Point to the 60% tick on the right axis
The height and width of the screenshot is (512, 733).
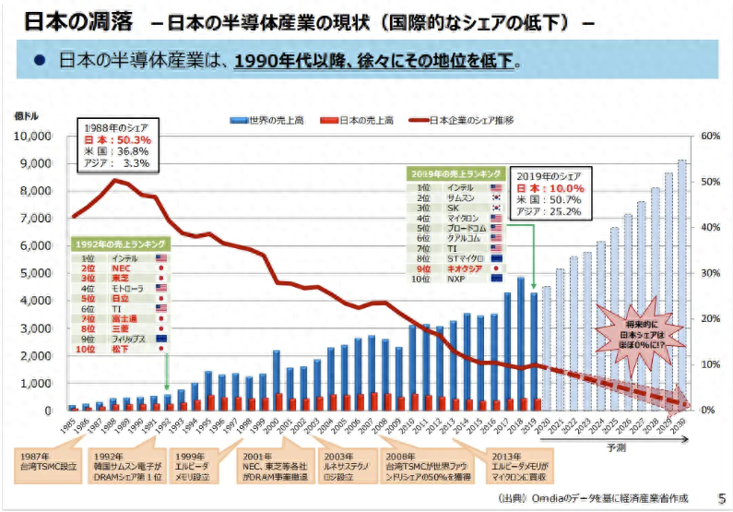710,136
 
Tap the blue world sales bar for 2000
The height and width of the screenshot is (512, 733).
277,380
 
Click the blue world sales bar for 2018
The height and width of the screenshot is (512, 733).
520,343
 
